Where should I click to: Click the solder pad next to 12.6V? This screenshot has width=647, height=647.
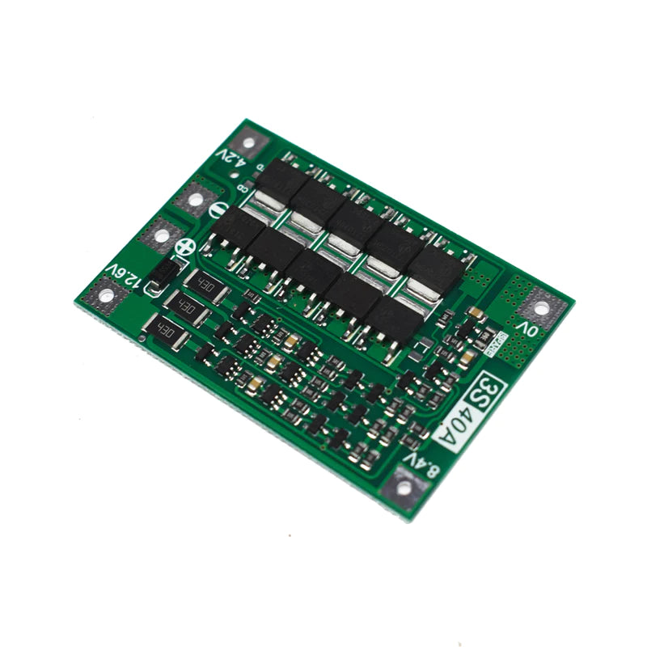tap(105, 296)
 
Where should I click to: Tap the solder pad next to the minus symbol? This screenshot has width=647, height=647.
tap(197, 196)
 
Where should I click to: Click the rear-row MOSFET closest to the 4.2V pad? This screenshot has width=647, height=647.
tap(279, 180)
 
